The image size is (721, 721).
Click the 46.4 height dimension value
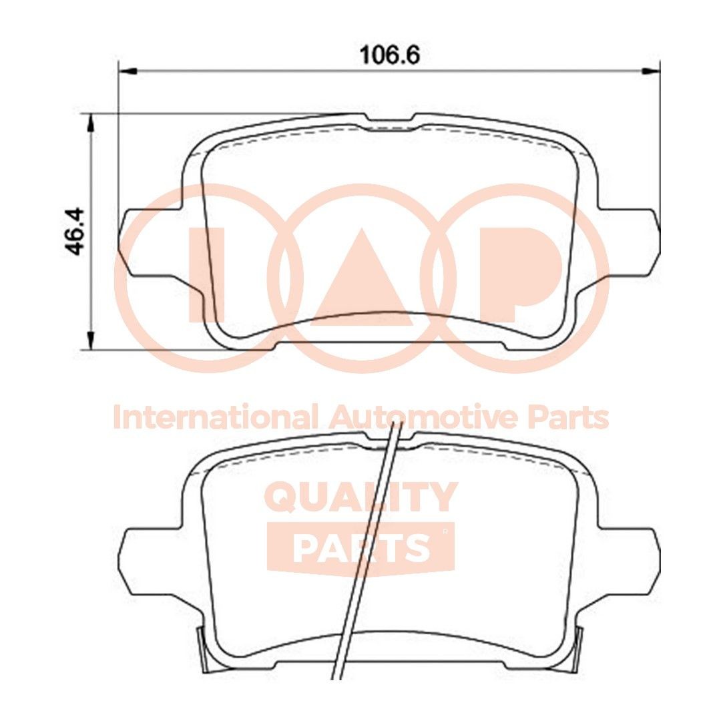(75, 231)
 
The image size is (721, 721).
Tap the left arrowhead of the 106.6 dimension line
(127, 70)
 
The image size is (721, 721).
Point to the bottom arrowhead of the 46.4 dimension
(91, 340)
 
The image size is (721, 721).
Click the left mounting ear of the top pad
(144, 243)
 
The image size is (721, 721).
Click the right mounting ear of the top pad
(631, 243)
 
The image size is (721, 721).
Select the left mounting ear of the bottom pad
(144, 561)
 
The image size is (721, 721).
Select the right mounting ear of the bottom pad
(631, 561)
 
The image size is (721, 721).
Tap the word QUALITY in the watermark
(361, 497)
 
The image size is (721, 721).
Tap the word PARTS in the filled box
(360, 548)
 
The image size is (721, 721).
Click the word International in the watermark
(214, 418)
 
